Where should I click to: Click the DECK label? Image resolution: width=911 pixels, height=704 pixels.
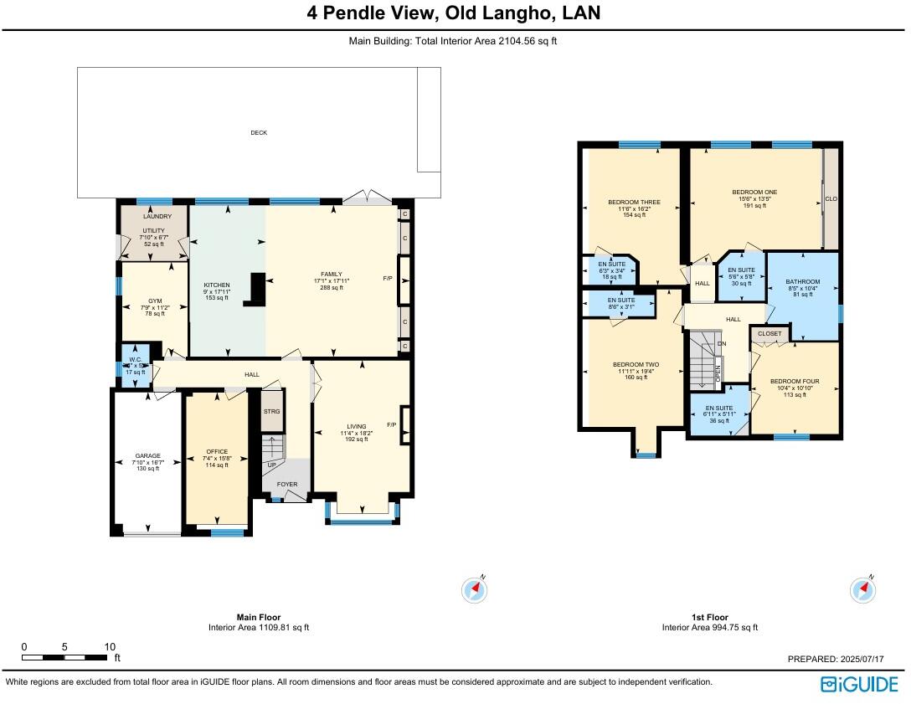coord(259,132)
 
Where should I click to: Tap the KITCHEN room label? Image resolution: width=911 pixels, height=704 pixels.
coord(217,285)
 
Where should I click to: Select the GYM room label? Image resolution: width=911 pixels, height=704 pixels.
coord(155,301)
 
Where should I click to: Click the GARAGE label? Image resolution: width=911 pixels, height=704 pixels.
coord(147,456)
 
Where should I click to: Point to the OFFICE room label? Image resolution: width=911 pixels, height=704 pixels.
coord(217,452)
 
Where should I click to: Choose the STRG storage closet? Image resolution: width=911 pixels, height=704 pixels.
coord(271,412)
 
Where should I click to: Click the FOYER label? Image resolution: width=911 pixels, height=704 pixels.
coord(286,484)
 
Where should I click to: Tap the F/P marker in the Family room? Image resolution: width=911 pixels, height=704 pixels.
coord(388,279)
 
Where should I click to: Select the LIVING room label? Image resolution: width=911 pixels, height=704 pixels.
coord(356,426)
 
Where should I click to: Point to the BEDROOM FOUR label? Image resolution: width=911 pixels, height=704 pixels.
coord(794,381)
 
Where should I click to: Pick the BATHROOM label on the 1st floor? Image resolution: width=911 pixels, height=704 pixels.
coord(803,281)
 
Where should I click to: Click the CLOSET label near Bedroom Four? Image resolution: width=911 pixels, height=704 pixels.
coord(769,334)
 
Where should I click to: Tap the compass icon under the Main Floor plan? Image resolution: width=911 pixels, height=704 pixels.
coord(475,590)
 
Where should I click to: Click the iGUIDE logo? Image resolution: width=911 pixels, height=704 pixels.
coord(859,684)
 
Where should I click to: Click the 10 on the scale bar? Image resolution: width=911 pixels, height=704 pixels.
coord(109,647)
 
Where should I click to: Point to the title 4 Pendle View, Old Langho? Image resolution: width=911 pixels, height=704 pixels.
coord(454,14)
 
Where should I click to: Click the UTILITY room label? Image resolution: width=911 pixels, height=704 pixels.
coord(154,230)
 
